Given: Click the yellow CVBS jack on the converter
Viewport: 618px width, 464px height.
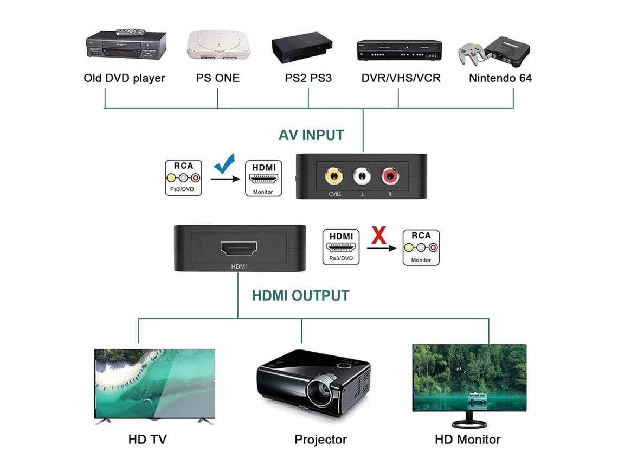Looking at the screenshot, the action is (x=334, y=176).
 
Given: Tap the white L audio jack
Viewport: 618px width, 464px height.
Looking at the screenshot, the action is (x=362, y=176).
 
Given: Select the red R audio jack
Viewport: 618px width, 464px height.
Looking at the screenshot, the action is (x=390, y=176).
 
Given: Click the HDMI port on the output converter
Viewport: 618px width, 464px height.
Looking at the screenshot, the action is (x=239, y=248).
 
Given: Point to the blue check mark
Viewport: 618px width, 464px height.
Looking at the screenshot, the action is (x=224, y=163).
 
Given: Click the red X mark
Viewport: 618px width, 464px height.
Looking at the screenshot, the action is (x=379, y=235).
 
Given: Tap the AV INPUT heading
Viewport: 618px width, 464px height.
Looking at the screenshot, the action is (x=311, y=135).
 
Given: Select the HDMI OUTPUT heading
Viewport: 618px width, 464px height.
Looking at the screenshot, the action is (x=300, y=296).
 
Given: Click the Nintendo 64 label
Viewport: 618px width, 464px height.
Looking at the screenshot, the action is (x=500, y=78).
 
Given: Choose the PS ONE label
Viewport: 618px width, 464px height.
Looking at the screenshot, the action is (x=218, y=78).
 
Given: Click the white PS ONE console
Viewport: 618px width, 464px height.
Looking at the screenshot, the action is (x=218, y=45).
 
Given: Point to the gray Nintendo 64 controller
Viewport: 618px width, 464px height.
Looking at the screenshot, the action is (x=470, y=53).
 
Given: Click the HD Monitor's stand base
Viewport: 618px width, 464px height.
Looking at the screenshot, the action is (x=469, y=424).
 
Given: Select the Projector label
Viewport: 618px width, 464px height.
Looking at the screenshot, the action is (x=320, y=440).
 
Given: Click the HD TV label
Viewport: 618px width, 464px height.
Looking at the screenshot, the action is (x=147, y=440).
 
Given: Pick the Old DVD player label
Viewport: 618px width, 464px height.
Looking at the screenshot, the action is (x=124, y=78).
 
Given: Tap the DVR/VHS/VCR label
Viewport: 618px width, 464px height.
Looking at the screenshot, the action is (x=401, y=78).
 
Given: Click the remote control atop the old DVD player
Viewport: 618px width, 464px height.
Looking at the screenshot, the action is (x=131, y=32).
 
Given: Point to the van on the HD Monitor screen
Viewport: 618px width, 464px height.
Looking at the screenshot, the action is (x=477, y=398).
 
